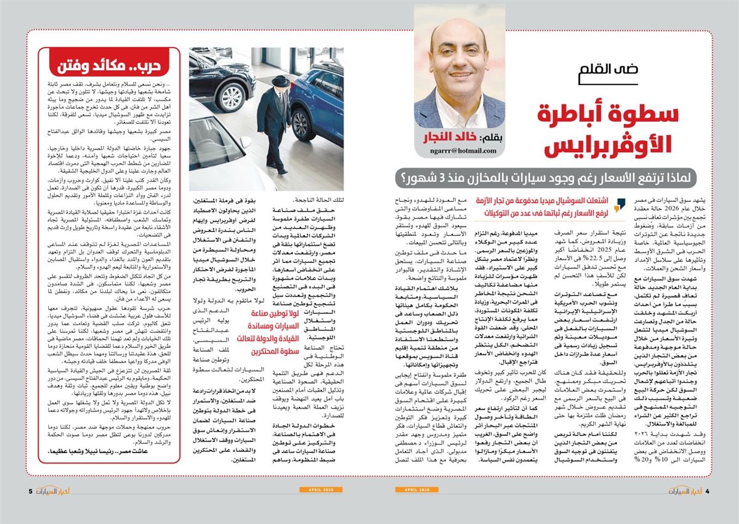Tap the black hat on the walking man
tap(280, 81)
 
